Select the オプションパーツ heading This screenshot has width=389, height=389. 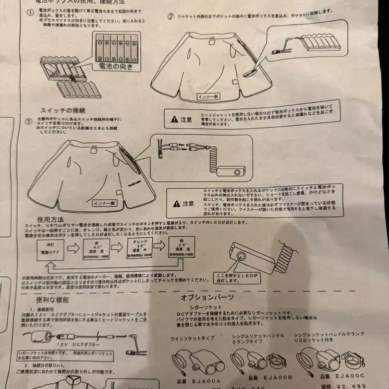click(x=207, y=297)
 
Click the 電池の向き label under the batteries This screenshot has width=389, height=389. click(x=115, y=67)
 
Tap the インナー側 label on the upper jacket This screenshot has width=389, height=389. click(x=209, y=96)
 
